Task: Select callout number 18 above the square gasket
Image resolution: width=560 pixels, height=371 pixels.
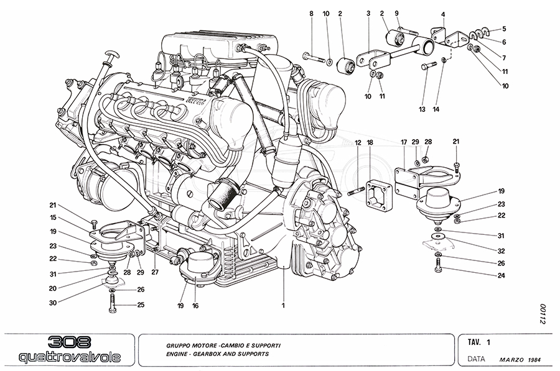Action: pos(370,143)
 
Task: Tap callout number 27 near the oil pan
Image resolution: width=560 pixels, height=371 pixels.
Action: pos(155,272)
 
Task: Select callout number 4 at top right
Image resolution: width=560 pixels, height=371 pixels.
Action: pos(443,14)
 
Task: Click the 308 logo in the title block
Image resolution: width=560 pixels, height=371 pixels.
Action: pos(69,342)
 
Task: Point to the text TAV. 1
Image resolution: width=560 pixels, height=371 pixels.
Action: pos(479,341)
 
